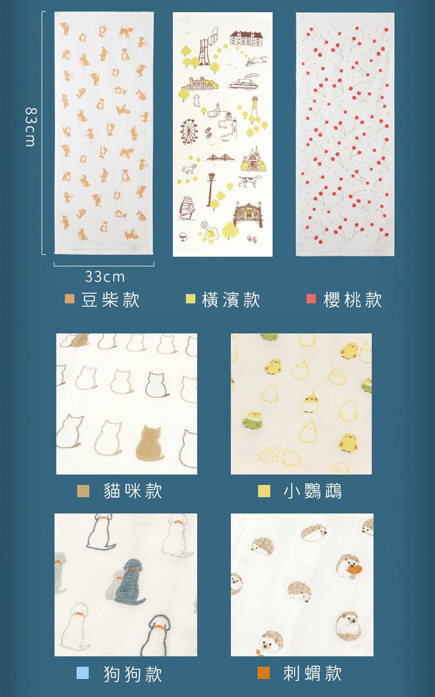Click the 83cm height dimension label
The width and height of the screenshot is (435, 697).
point(29,127)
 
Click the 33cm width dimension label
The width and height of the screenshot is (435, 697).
point(105,277)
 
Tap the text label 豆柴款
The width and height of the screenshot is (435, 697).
point(111,300)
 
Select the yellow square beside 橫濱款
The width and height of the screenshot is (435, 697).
point(191,299)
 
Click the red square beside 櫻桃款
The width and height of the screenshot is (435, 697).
point(311,299)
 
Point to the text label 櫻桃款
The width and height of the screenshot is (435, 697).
point(352,300)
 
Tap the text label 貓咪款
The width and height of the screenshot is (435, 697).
point(132,491)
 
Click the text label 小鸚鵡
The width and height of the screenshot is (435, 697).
point(312,491)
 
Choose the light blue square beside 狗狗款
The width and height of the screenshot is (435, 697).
point(83,673)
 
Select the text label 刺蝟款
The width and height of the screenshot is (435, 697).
point(312,673)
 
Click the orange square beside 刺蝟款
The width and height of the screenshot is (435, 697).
point(264,673)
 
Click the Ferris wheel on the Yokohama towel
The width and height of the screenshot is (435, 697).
point(189,132)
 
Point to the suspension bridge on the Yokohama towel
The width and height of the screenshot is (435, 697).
point(220,158)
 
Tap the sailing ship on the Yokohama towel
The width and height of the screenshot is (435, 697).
point(186,208)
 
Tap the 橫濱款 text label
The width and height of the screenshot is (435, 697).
point(231,300)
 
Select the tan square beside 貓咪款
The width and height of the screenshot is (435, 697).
point(83,491)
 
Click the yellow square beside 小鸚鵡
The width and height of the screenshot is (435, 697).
point(264,491)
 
